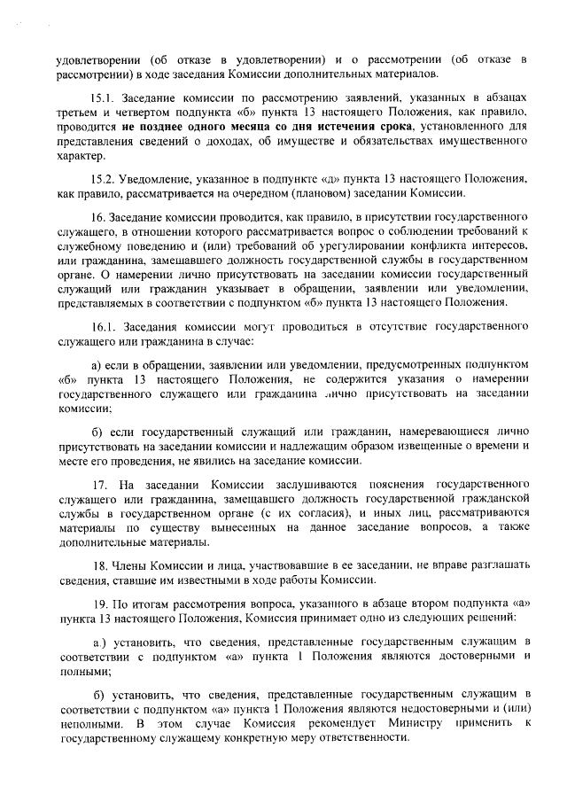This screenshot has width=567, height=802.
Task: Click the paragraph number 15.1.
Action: [x=104, y=96]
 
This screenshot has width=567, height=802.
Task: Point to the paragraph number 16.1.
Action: [x=104, y=326]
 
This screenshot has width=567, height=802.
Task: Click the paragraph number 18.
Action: [x=99, y=565]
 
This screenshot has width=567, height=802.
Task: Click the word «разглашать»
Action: [x=496, y=565]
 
